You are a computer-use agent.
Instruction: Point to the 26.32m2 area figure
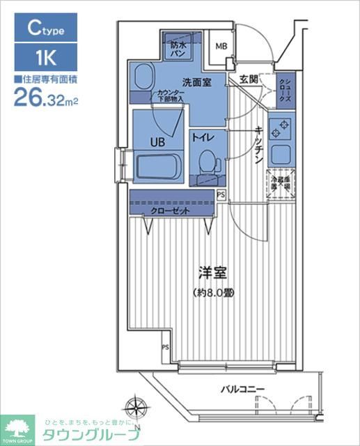pyautogui.click(x=45, y=98)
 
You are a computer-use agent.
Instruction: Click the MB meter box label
pyautogui.click(x=221, y=47)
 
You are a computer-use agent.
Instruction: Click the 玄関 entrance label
pyautogui.click(x=249, y=78)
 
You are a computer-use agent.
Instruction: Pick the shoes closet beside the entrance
pyautogui.click(x=286, y=91)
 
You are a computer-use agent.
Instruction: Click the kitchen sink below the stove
pyautogui.click(x=283, y=155)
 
